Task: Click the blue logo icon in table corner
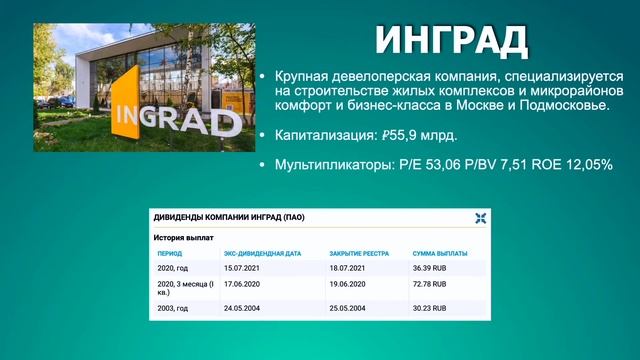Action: pyautogui.click(x=480, y=218)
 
